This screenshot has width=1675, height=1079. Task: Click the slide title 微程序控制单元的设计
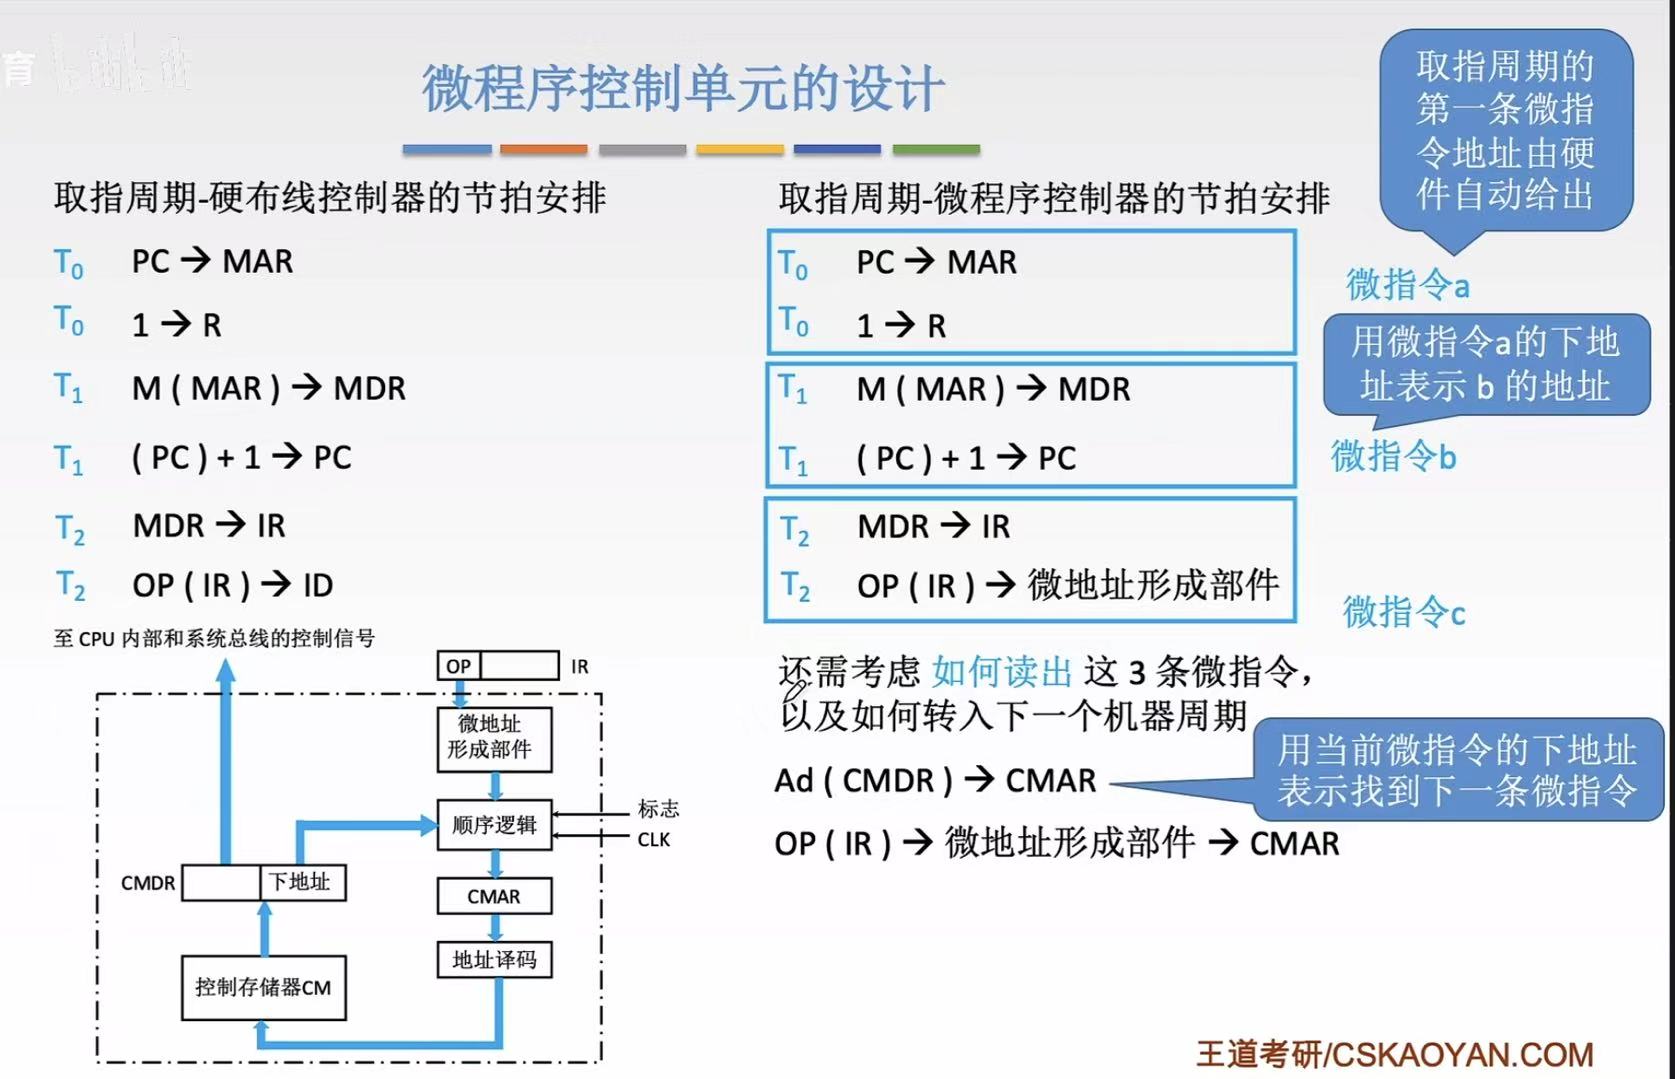tap(682, 88)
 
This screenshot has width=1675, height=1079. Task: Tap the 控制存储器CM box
tap(263, 987)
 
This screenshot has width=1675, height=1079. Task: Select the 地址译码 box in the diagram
tap(494, 960)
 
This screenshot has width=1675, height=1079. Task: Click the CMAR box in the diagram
tap(494, 896)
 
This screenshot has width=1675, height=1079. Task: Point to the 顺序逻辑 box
tap(494, 825)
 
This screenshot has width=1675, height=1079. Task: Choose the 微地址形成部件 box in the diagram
tap(494, 738)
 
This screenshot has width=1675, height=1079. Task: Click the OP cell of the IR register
tap(459, 666)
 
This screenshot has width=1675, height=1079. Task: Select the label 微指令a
tap(1407, 285)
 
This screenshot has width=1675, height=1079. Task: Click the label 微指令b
tap(1393, 456)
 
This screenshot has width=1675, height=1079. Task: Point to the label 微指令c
tap(1403, 611)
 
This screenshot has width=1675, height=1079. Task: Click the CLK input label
tap(654, 840)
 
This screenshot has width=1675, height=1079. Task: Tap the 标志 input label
tap(658, 808)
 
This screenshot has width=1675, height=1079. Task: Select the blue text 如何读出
tap(1002, 672)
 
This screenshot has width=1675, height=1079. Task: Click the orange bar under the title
tap(543, 149)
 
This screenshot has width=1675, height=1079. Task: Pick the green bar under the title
tap(935, 149)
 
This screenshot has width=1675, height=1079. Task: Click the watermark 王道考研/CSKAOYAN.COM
tap(1394, 1054)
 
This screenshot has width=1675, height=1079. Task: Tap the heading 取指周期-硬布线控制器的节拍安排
tap(330, 198)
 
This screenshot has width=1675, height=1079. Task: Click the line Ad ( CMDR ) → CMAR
tap(935, 780)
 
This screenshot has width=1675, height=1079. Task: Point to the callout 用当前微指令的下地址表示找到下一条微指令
tap(1456, 770)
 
